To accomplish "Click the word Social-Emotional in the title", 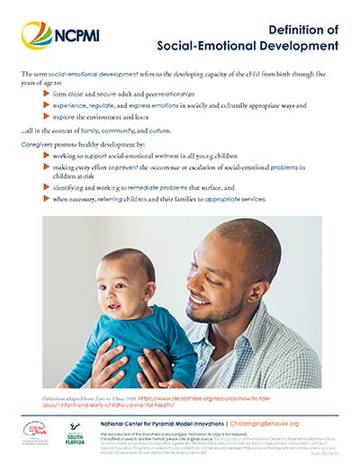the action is click(x=215, y=44).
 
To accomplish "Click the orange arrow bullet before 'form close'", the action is click(x=48, y=93).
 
